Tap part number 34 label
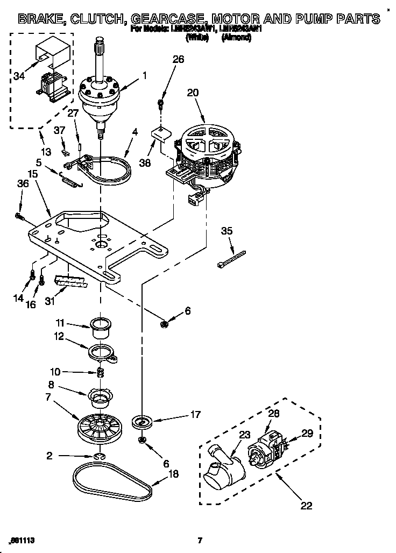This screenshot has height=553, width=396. point(19,76)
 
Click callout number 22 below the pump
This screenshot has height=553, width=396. point(306,506)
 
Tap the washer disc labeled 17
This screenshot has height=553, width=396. point(143,421)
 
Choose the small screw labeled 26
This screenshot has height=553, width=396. point(160,103)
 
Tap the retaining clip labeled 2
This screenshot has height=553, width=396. point(100,457)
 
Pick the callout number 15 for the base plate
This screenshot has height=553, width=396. point(33,173)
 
